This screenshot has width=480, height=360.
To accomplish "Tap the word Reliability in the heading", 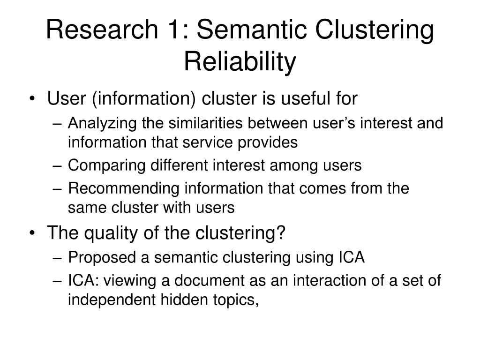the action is [240, 61].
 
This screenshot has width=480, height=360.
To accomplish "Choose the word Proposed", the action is [96, 257].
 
